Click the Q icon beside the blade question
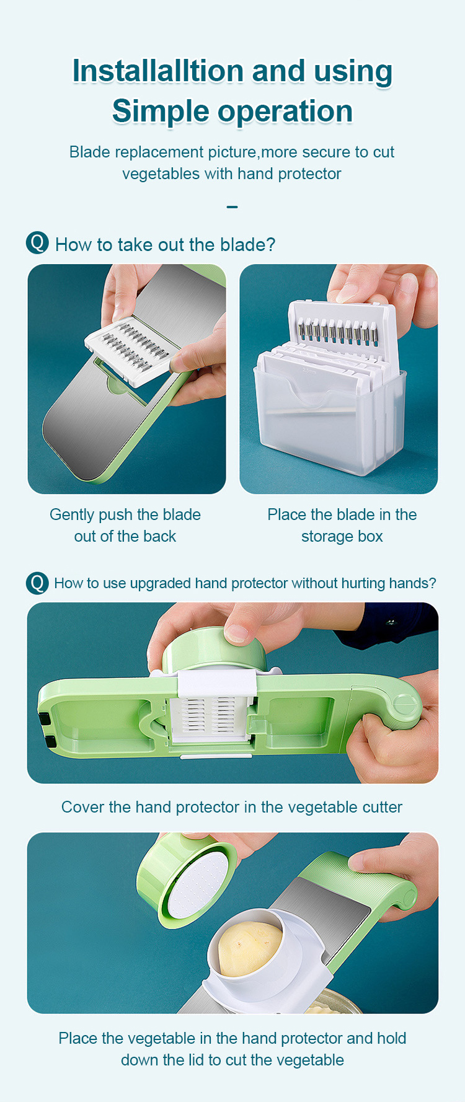(37, 242)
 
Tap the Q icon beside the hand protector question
(37, 583)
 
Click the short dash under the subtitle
(232, 206)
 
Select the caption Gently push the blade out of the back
(125, 525)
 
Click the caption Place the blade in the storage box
(342, 525)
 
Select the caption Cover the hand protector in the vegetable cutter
(232, 807)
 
